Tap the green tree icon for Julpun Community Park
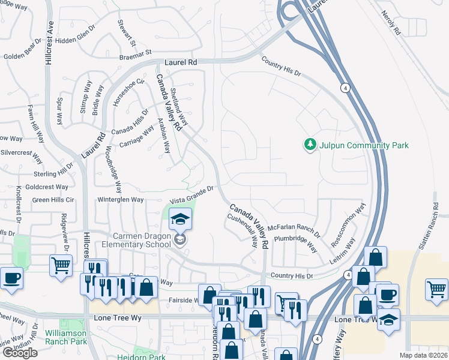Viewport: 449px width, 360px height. tap(310, 145)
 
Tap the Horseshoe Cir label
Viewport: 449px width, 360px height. tap(128, 92)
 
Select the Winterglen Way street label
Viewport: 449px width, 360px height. tap(121, 199)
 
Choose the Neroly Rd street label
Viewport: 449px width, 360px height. tap(390, 25)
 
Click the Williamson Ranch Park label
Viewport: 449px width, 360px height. tap(65, 337)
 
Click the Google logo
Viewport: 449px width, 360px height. tap(20, 352)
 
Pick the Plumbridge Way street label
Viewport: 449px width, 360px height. tap(295, 242)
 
